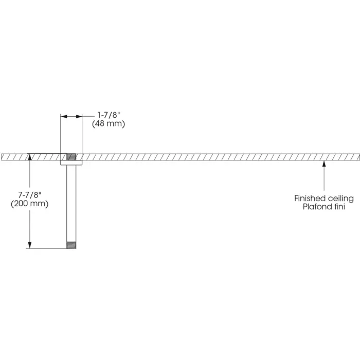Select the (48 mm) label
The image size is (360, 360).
[109, 124]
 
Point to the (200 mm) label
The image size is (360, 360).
[30, 204]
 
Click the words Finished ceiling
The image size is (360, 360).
[324, 198]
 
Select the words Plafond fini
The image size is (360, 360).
[324, 206]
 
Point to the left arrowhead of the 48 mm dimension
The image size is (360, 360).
[63, 117]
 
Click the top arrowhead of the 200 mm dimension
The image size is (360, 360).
[30, 156]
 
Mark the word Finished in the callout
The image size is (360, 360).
[310, 198]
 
